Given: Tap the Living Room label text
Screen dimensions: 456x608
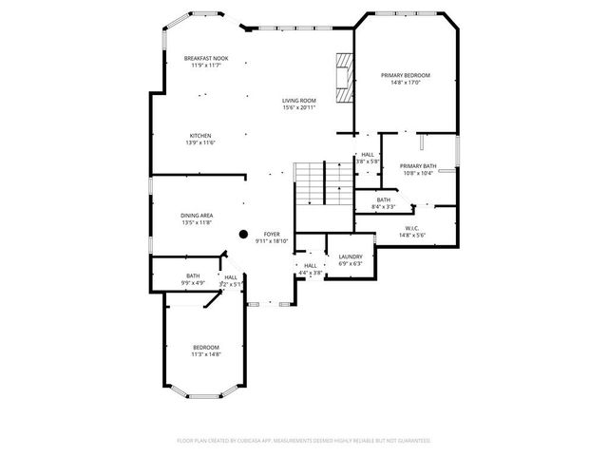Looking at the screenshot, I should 298,101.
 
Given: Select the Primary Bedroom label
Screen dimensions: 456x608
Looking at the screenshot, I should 406,75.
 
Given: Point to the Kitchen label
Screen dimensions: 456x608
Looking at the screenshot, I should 199,136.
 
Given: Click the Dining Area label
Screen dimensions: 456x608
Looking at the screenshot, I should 197,216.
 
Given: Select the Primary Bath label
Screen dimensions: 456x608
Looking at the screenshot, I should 417,166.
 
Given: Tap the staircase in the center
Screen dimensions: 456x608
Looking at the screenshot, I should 310,182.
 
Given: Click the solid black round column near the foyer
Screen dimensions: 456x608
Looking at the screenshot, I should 243,234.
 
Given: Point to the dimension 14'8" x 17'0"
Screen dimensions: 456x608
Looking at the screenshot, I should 406,82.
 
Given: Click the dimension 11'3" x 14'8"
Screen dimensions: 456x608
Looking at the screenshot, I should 206,354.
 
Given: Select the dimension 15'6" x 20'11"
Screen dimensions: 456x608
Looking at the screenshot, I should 298,107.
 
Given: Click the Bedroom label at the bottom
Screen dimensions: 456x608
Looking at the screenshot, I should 206,347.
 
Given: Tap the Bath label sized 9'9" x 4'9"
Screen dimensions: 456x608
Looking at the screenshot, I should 193,275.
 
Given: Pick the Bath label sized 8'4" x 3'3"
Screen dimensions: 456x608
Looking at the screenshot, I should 383,199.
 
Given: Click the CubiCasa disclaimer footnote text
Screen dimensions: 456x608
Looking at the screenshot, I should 304,441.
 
